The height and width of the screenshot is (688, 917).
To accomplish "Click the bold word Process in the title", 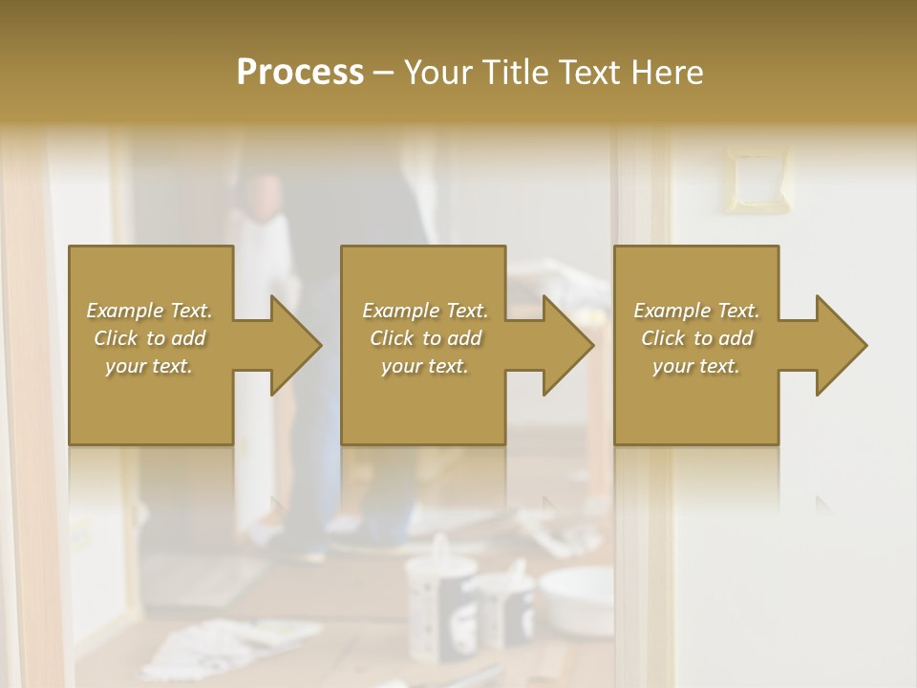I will pyautogui.click(x=300, y=72).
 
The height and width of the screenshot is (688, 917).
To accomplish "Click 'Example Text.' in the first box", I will pyautogui.click(x=149, y=311).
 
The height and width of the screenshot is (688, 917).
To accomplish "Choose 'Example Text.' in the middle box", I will pyautogui.click(x=425, y=311).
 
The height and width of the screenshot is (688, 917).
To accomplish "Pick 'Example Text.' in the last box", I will pyautogui.click(x=696, y=311).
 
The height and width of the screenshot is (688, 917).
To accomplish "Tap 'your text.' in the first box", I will pyautogui.click(x=149, y=366).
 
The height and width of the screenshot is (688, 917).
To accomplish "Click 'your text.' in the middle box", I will pyautogui.click(x=425, y=366).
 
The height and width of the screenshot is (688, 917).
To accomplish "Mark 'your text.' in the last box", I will pyautogui.click(x=696, y=366).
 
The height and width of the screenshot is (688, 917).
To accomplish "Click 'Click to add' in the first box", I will pyautogui.click(x=149, y=338).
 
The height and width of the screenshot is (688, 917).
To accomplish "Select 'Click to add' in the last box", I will pyautogui.click(x=696, y=338).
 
